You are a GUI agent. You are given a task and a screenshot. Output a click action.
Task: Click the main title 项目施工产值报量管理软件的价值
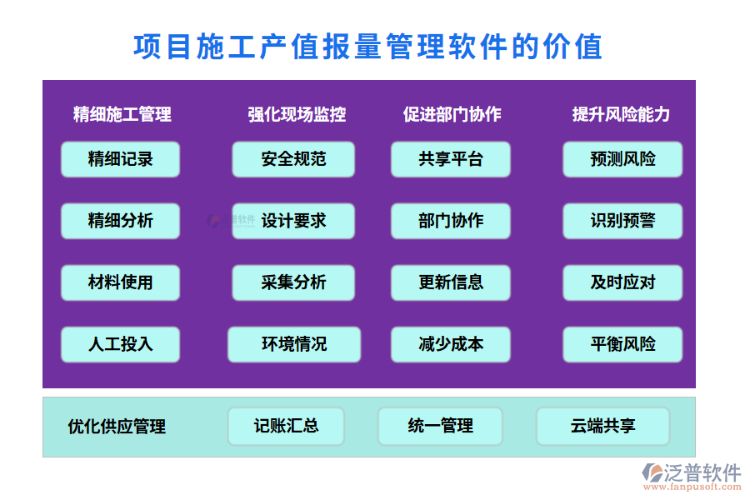(x=367, y=47)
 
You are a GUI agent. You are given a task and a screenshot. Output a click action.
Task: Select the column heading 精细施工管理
(x=122, y=114)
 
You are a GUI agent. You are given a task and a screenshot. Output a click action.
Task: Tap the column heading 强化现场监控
(x=297, y=114)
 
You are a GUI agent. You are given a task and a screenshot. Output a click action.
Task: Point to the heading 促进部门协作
(x=452, y=114)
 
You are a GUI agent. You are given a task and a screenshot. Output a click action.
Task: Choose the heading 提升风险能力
(x=621, y=114)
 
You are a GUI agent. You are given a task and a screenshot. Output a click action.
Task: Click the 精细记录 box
(x=120, y=159)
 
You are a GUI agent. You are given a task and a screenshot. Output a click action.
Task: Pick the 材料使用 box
(x=120, y=282)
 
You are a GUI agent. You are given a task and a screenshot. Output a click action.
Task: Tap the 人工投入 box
(x=120, y=344)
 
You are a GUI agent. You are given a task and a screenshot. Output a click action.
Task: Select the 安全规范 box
(x=293, y=159)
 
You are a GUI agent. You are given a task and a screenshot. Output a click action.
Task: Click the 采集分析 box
(x=293, y=282)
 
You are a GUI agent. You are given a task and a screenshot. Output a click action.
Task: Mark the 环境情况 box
(x=294, y=344)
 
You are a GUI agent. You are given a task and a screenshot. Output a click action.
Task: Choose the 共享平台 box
(x=451, y=159)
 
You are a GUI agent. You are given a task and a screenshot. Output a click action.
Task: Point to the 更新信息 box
(x=451, y=282)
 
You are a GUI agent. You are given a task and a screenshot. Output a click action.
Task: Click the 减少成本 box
(x=451, y=344)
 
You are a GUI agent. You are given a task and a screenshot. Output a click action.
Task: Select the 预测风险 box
(x=622, y=159)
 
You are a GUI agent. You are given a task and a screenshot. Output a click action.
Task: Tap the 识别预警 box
(x=622, y=221)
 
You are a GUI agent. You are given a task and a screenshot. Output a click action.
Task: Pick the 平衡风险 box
(x=622, y=344)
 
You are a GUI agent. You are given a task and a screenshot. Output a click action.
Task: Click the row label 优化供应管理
(x=117, y=427)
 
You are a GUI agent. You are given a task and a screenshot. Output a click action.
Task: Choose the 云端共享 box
(x=602, y=426)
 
